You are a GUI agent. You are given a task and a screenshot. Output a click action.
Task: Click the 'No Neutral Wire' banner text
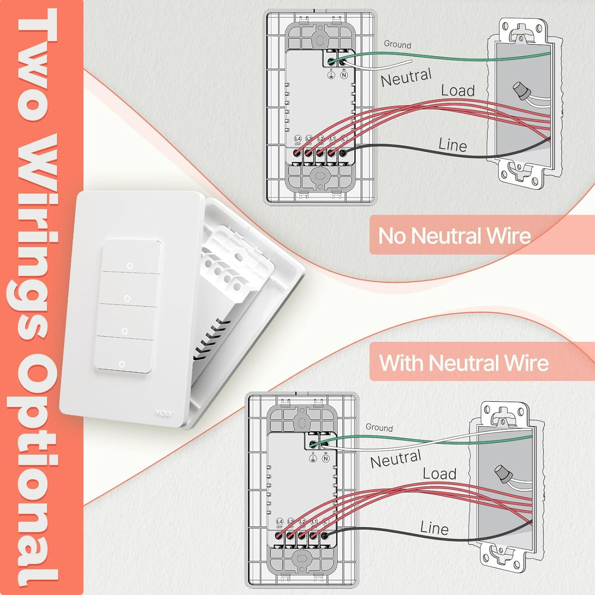point(454,236)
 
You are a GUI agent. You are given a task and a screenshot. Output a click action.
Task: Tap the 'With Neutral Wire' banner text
point(464,363)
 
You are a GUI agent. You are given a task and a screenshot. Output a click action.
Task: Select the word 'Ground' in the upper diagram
point(397,44)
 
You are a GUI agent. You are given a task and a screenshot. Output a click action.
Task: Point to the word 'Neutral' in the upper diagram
point(406,77)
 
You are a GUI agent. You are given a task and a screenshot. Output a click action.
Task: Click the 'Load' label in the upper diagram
point(458,91)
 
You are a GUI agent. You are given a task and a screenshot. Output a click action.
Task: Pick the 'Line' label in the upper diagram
point(453,145)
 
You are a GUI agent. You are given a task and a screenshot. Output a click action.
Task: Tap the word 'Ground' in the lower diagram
point(379,428)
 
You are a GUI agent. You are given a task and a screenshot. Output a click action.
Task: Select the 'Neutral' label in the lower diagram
point(395,459)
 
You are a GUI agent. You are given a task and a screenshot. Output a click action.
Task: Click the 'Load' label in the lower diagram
point(440,474)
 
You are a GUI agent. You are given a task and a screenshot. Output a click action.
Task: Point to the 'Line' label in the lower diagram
point(434,528)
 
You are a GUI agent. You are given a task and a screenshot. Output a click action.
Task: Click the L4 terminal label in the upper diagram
point(298,138)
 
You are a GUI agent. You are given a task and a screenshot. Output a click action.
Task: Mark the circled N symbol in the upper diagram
point(344,75)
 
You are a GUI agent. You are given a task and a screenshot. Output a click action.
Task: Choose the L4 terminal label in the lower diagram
point(280,522)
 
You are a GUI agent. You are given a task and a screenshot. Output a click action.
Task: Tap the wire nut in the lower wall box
point(502,474)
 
